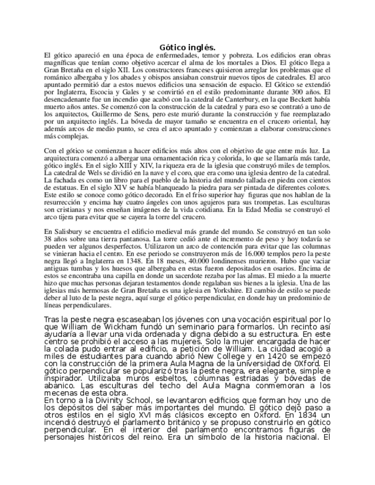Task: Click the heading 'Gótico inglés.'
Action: point(187,47)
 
